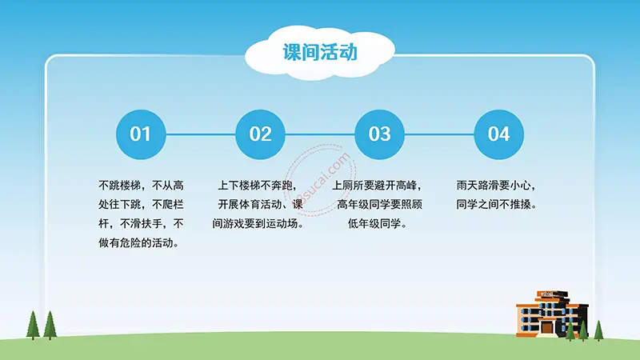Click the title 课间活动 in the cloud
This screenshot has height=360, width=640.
pos(319,53)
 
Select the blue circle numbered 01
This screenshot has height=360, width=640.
pos(140,134)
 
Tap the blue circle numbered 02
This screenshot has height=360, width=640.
pos(261,134)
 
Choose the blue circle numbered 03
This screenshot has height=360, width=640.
pos(379,134)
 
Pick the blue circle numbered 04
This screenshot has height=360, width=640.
pos(498,134)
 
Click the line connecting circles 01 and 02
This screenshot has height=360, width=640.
pos(200,134)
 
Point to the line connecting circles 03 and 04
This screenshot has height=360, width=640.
pos(439,134)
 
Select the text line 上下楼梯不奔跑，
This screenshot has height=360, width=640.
pos(257,185)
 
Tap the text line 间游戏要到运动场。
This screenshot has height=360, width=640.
pos(259,224)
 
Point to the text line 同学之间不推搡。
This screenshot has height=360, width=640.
pos(497,205)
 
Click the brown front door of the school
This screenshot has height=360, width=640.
pos(548,327)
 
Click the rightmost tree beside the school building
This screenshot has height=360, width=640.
pos(598,330)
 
